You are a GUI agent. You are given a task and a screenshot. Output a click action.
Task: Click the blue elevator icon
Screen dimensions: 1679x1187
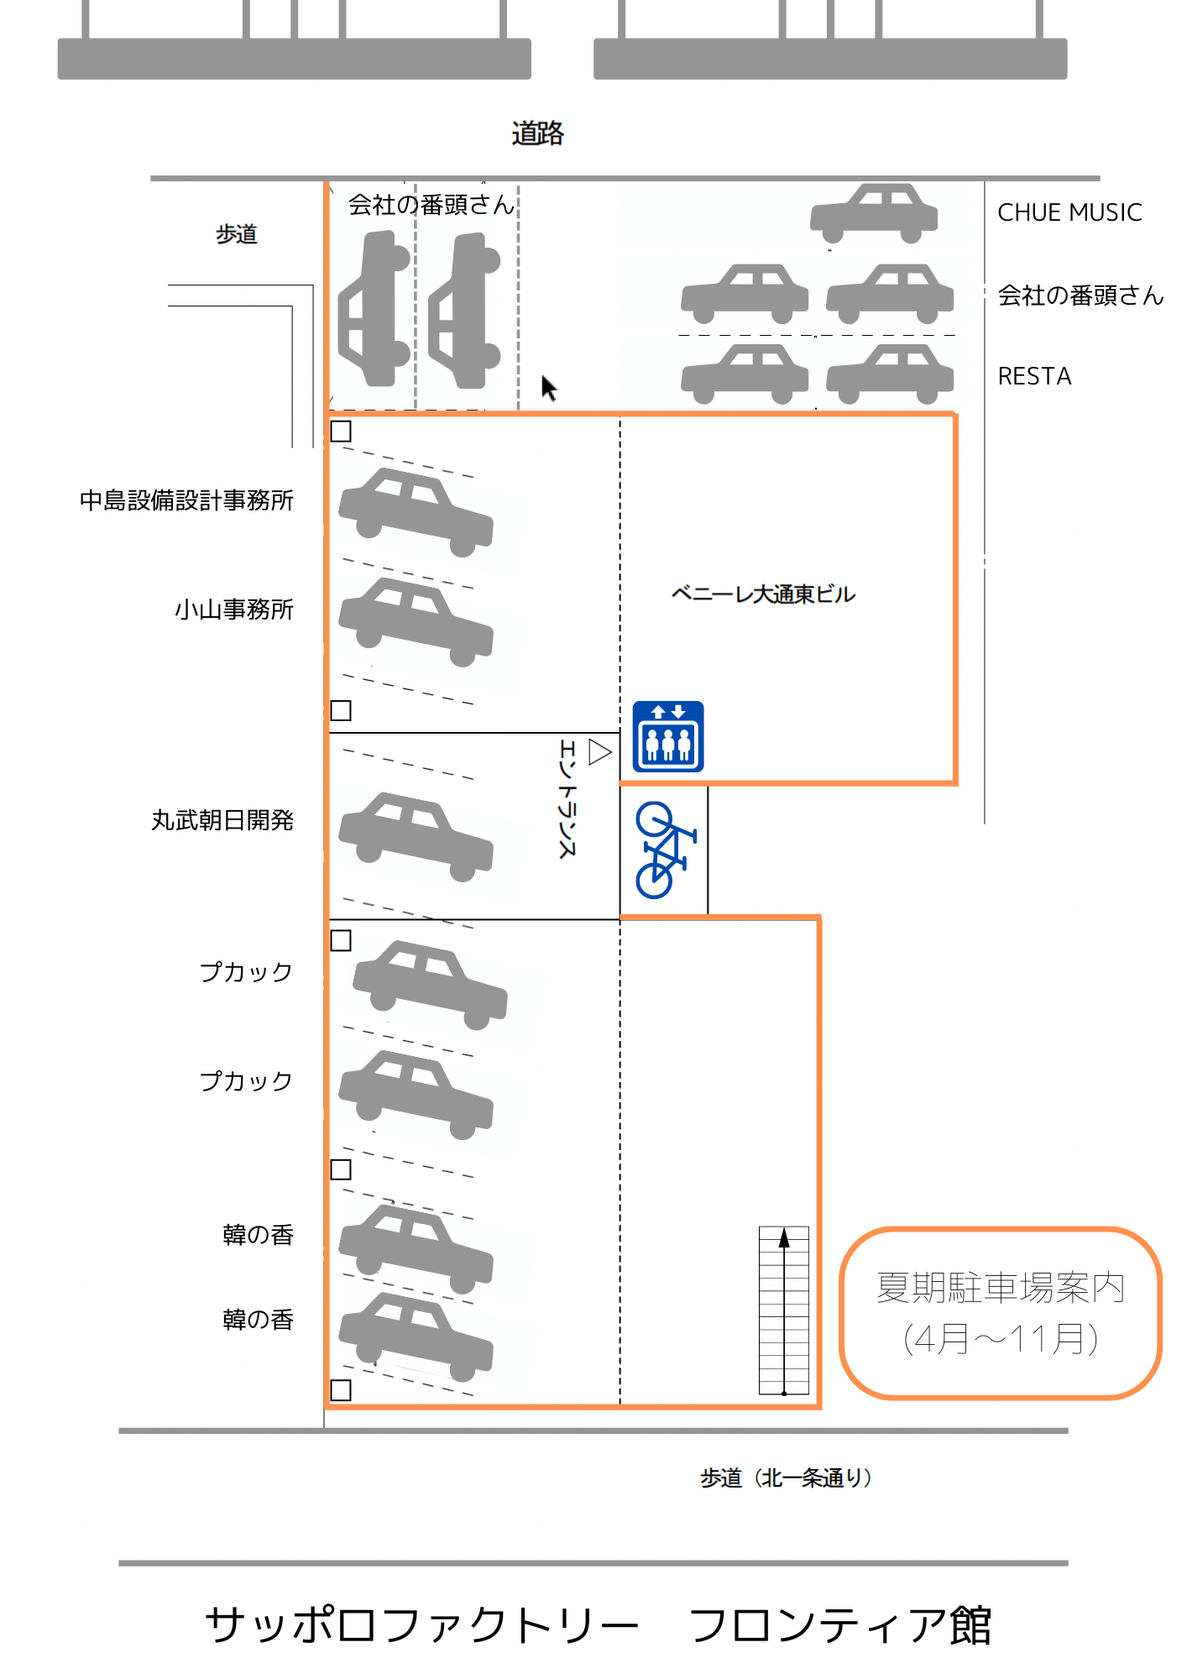pyautogui.click(x=667, y=736)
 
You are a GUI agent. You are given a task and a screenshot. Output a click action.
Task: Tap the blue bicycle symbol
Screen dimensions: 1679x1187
pyautogui.click(x=664, y=850)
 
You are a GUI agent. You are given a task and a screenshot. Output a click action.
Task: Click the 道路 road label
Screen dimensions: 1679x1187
pyautogui.click(x=537, y=133)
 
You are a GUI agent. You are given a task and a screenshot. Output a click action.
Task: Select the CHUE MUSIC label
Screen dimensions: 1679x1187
pyautogui.click(x=1069, y=212)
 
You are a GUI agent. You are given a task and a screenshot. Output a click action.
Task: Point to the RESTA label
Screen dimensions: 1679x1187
pyautogui.click(x=1034, y=376)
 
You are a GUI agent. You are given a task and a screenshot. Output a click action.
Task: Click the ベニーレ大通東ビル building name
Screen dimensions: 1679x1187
pyautogui.click(x=762, y=594)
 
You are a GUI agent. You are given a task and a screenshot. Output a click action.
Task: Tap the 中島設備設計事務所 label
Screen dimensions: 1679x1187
pyautogui.click(x=186, y=500)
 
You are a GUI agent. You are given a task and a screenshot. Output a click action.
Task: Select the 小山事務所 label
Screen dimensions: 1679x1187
pyautogui.click(x=234, y=609)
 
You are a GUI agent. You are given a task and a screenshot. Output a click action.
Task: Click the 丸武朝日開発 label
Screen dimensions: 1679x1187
pyautogui.click(x=222, y=820)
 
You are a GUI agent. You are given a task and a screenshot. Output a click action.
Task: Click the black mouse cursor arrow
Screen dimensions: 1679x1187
pyautogui.click(x=548, y=388)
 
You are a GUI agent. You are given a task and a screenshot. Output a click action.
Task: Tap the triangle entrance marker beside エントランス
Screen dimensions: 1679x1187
pyautogui.click(x=599, y=751)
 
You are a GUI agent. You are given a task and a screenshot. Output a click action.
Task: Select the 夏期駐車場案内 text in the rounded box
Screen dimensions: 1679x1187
pyautogui.click(x=1000, y=1288)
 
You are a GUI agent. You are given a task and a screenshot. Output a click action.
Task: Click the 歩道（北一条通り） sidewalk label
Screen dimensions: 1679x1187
pyautogui.click(x=787, y=1478)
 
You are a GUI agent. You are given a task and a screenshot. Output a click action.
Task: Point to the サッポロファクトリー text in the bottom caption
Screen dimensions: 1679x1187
pyautogui.click(x=421, y=1625)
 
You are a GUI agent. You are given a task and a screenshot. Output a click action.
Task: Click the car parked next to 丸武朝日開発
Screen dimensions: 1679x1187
pyautogui.click(x=416, y=836)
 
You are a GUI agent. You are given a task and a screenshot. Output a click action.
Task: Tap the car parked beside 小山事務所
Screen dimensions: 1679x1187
pyautogui.click(x=416, y=621)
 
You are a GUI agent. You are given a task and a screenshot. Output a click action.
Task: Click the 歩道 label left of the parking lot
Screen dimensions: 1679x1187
pyautogui.click(x=236, y=234)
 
